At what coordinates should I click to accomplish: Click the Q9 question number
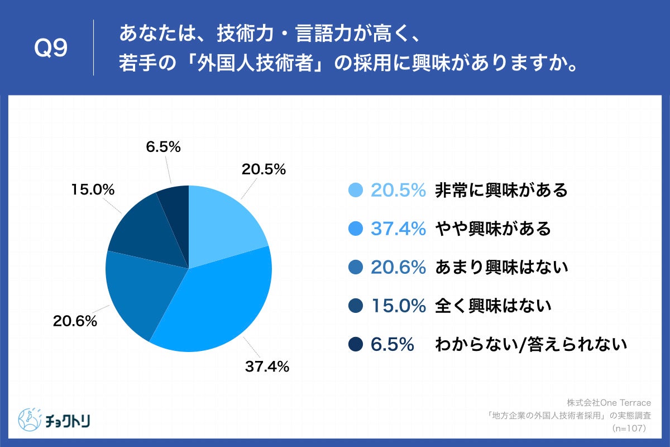(x=51, y=49)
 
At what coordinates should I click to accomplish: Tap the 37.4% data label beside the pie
(x=267, y=367)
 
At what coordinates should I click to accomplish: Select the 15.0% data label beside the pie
(x=93, y=190)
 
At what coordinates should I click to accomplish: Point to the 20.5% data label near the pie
(x=264, y=169)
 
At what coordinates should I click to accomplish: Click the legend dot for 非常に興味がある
(x=355, y=191)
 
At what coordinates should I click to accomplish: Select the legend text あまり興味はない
(x=501, y=268)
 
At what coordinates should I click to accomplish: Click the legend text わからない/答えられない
(x=531, y=345)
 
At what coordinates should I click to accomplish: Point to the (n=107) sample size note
(x=629, y=429)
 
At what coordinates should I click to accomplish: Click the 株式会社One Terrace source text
(x=612, y=403)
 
